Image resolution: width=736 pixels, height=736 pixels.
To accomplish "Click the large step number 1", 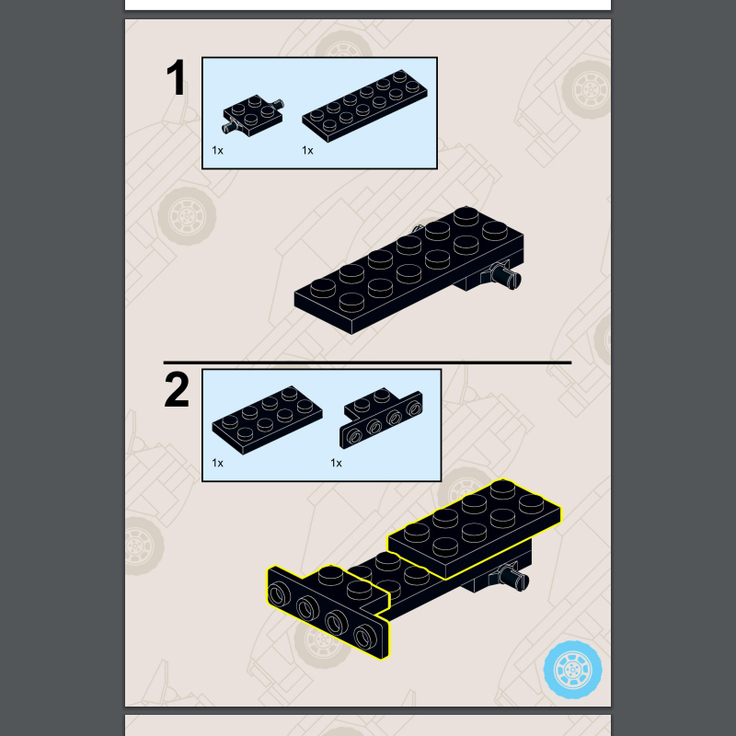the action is tap(176, 77).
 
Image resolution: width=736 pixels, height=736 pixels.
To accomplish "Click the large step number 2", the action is tap(177, 389).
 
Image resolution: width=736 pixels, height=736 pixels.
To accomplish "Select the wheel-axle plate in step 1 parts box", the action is tap(252, 116).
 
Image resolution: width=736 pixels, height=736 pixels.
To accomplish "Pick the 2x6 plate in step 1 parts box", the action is tap(364, 106).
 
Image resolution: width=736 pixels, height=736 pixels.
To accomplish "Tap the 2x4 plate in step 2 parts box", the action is tap(267, 420).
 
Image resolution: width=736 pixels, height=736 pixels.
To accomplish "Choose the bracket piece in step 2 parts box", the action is tap(381, 418).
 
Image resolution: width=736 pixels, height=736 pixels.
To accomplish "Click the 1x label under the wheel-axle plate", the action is tap(217, 151).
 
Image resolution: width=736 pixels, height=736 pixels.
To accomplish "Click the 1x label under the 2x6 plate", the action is tap(307, 151).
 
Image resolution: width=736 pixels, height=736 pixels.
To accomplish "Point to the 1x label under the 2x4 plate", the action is tap(217, 464).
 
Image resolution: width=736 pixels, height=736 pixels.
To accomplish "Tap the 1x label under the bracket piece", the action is tap(336, 464).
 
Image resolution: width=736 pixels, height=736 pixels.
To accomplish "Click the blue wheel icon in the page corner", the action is tap(572, 670).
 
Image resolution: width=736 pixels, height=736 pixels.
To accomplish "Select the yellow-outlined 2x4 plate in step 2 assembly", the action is tap(474, 529).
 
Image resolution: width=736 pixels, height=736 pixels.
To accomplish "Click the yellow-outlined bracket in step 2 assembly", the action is tap(328, 610).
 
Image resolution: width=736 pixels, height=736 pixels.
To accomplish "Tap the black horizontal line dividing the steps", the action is tap(367, 362).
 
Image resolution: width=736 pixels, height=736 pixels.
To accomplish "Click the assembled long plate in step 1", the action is tap(409, 270).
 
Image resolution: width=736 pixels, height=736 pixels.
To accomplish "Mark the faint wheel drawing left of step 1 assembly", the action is tap(187, 216).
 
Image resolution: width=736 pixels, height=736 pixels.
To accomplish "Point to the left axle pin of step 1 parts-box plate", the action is tap(229, 127).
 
